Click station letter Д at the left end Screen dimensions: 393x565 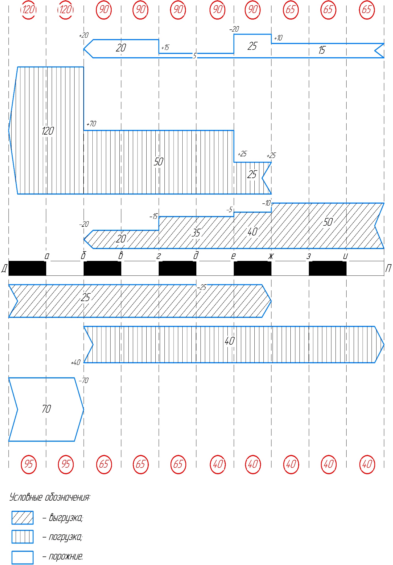click(4, 268)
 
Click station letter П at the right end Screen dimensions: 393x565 click(388, 268)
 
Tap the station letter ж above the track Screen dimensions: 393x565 click(271, 256)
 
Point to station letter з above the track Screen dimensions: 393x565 click(309, 256)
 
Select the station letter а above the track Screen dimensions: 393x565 click(47, 256)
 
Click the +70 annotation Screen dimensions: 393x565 click(91, 124)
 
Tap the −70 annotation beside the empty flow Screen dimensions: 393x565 click(84, 380)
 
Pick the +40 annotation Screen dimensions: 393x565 click(76, 362)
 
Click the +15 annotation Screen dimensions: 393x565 click(165, 48)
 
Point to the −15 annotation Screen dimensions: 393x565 click(153, 216)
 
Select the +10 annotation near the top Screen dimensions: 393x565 click(278, 38)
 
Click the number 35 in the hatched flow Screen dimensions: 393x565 click(196, 233)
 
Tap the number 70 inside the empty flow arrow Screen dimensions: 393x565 click(46, 409)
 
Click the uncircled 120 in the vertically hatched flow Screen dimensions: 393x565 click(48, 131)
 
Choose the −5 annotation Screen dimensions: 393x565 click(229, 210)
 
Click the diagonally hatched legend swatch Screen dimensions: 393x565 click(23, 518)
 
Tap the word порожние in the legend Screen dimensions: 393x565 click(66, 556)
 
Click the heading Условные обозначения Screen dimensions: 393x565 click(50, 497)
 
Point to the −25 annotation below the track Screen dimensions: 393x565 click(202, 287)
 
